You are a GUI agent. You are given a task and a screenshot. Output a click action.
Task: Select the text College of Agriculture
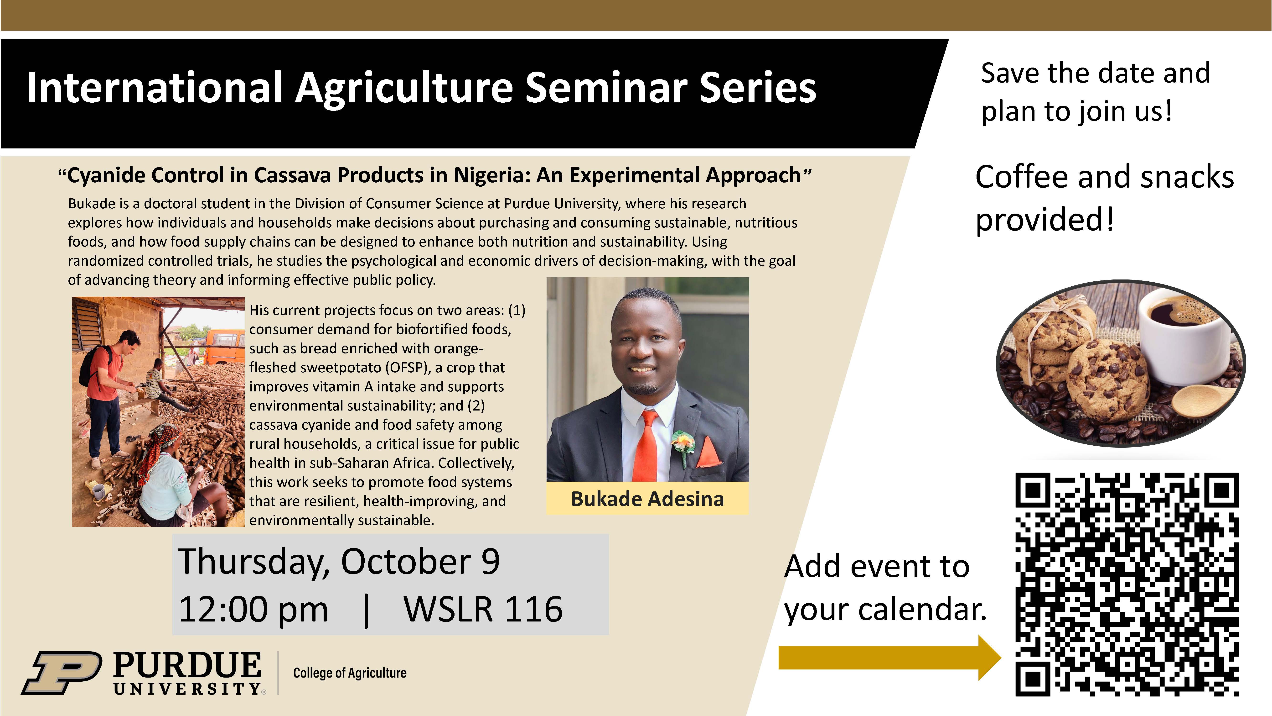(x=350, y=673)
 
